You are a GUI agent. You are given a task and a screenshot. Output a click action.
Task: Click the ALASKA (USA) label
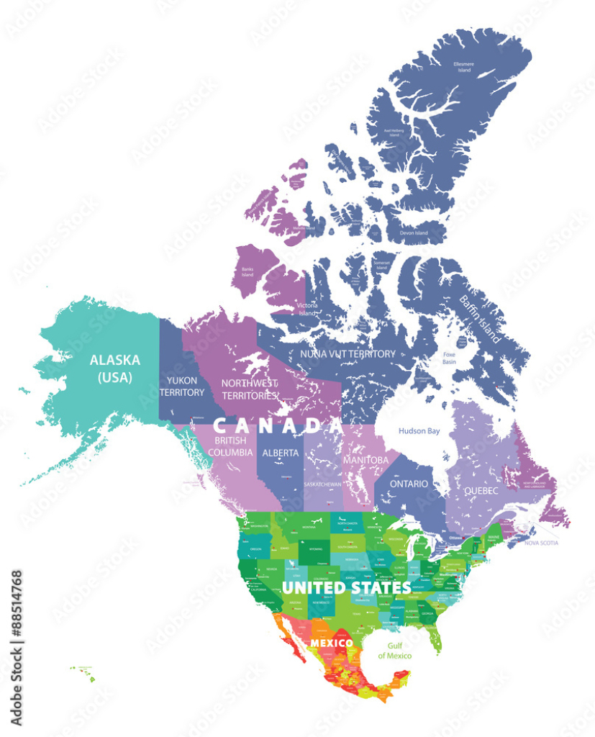tap(114, 368)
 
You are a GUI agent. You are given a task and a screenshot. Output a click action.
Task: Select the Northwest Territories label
tap(250, 389)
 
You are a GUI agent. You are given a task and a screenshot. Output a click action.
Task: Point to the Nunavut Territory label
tap(348, 353)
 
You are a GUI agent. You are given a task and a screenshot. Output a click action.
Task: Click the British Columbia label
tap(230, 446)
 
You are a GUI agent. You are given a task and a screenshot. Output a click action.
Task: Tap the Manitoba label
tap(365, 459)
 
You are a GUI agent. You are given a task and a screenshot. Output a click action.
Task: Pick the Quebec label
tap(481, 489)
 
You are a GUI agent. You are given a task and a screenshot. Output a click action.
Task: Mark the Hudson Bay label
tap(419, 431)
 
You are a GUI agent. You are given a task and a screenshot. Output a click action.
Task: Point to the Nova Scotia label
tap(540, 543)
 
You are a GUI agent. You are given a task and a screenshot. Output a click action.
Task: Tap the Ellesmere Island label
tap(463, 67)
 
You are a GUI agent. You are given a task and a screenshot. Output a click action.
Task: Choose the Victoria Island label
tap(307, 309)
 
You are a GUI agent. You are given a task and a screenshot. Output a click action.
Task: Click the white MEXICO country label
tap(331, 642)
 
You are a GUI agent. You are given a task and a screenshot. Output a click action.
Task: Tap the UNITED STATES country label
tap(346, 587)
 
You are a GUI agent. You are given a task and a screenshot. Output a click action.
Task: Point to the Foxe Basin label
tap(449, 358)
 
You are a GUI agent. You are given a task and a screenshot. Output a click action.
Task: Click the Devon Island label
tap(414, 233)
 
